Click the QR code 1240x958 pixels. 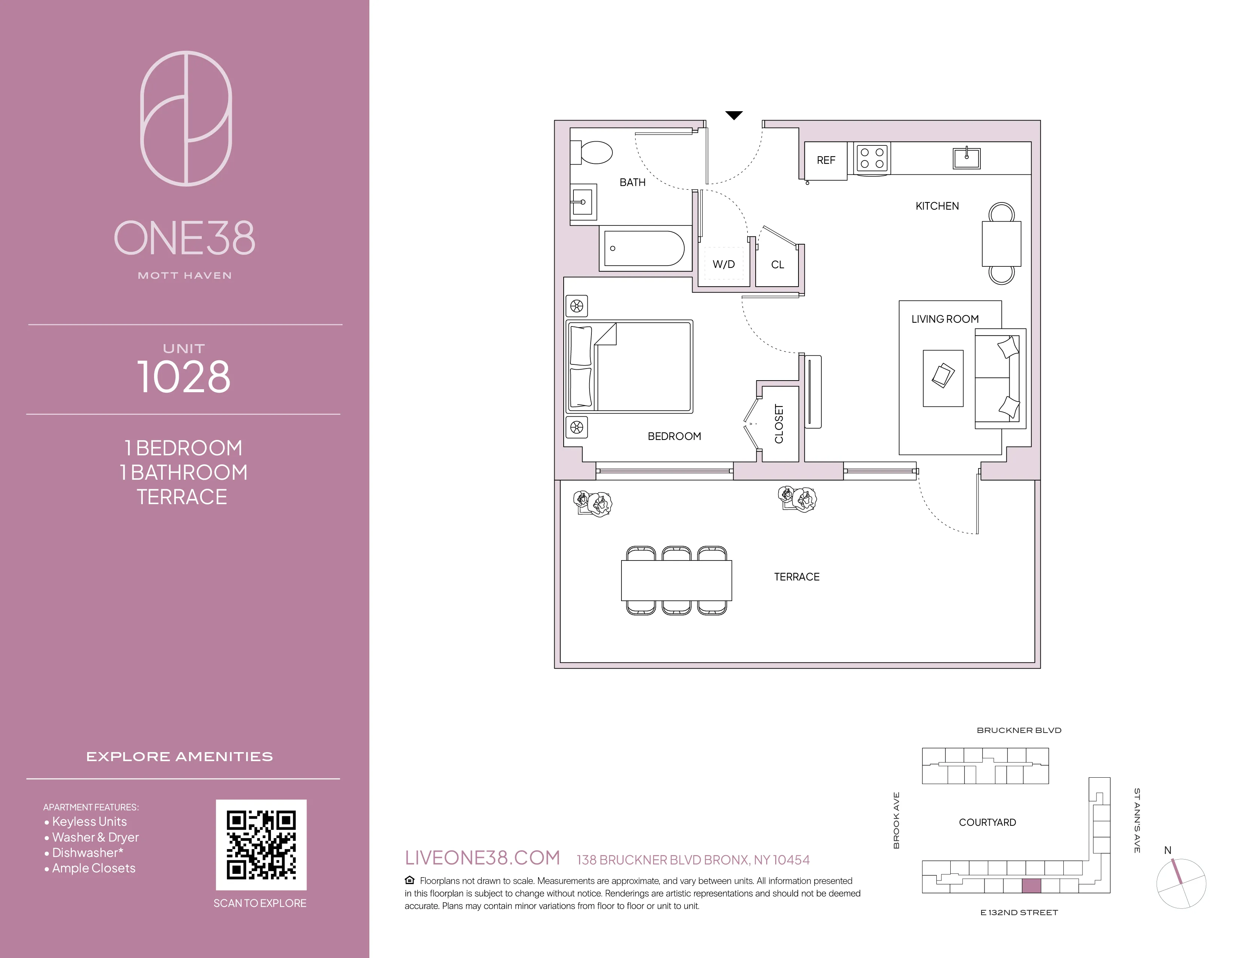261,845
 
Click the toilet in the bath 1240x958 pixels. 595,152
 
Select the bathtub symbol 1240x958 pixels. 644,249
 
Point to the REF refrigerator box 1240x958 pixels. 826,161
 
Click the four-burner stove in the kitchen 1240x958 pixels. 872,158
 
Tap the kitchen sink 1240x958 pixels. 966,158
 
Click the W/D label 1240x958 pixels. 723,264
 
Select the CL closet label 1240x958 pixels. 777,265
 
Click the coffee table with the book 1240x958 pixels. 943,378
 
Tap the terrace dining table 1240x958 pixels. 676,580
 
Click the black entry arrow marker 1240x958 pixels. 734,116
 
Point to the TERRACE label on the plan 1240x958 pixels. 797,577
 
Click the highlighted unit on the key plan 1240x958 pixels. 1031,885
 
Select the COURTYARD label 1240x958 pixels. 987,822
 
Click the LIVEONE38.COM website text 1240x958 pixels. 482,858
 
